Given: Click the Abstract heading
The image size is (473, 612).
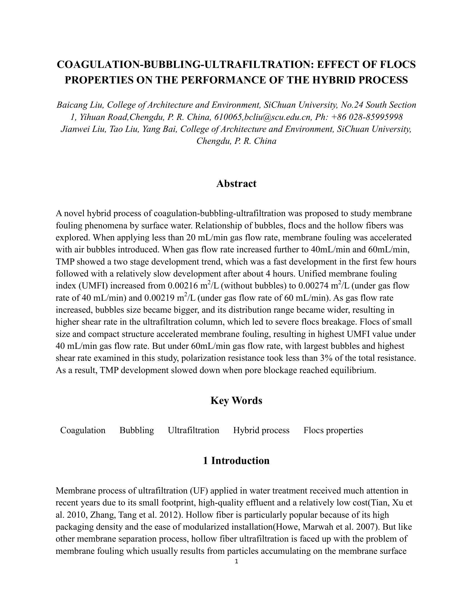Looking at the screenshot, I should click(x=236, y=184).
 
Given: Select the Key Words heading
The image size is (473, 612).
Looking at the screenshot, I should click(x=236, y=400).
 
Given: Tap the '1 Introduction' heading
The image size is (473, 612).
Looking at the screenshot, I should click(x=236, y=461).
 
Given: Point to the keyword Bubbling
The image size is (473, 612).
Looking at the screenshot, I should click(x=137, y=430).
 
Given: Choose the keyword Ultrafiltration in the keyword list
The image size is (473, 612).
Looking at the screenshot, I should click(x=193, y=430).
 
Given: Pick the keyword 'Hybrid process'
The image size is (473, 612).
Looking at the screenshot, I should click(x=261, y=430).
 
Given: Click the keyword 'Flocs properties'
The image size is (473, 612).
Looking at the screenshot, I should click(x=333, y=430).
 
